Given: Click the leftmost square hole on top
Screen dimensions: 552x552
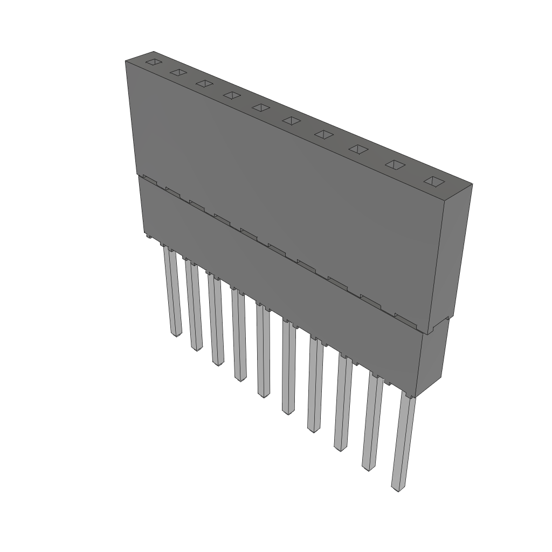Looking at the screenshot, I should [154, 63].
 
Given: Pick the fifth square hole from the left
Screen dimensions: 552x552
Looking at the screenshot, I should [261, 107].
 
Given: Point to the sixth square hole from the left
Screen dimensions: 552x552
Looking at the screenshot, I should [291, 120].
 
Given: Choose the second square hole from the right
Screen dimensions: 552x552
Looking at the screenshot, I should [395, 165].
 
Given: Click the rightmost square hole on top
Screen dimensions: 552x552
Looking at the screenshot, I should [434, 182].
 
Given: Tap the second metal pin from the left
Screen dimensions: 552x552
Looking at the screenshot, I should [194, 307].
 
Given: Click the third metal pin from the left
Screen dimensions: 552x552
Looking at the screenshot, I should [216, 321].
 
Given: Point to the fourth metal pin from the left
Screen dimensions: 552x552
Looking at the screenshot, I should [239, 337].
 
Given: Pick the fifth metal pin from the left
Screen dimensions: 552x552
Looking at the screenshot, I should [263, 353].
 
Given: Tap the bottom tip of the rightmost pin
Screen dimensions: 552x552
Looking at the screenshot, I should [397, 488].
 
